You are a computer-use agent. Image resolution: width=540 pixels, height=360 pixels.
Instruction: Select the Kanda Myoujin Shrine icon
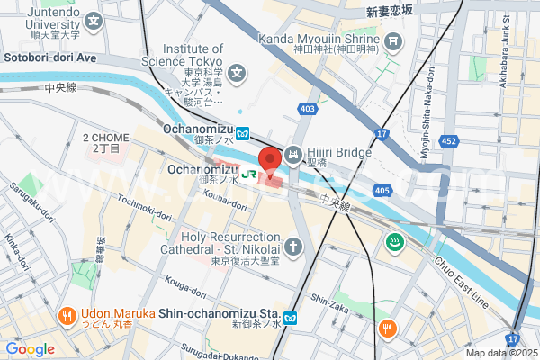click(393, 40)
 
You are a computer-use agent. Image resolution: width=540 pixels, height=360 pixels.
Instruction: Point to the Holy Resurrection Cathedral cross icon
click(293, 246)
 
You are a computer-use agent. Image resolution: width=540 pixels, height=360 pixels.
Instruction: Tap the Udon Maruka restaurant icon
click(67, 316)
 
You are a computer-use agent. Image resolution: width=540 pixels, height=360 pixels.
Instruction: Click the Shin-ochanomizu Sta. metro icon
click(291, 318)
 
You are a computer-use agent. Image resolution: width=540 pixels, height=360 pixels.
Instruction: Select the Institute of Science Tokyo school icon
click(237, 72)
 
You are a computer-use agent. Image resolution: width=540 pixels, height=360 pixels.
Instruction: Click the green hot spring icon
click(393, 241)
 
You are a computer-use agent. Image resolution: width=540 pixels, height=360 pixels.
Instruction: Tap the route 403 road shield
click(309, 109)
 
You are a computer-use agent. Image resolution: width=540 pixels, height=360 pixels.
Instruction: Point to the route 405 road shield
click(382, 191)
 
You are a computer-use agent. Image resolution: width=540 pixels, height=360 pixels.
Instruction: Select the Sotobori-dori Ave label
click(50, 56)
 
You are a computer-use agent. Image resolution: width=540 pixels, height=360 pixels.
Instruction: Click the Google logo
click(30, 348)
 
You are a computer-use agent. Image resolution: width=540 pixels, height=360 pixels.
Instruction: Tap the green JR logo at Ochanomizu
click(249, 169)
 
